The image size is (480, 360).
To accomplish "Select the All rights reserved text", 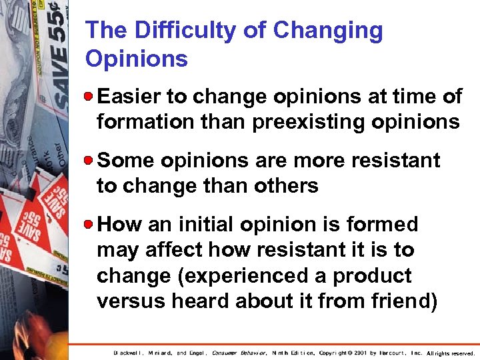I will pyautogui.click(x=450, y=353).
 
